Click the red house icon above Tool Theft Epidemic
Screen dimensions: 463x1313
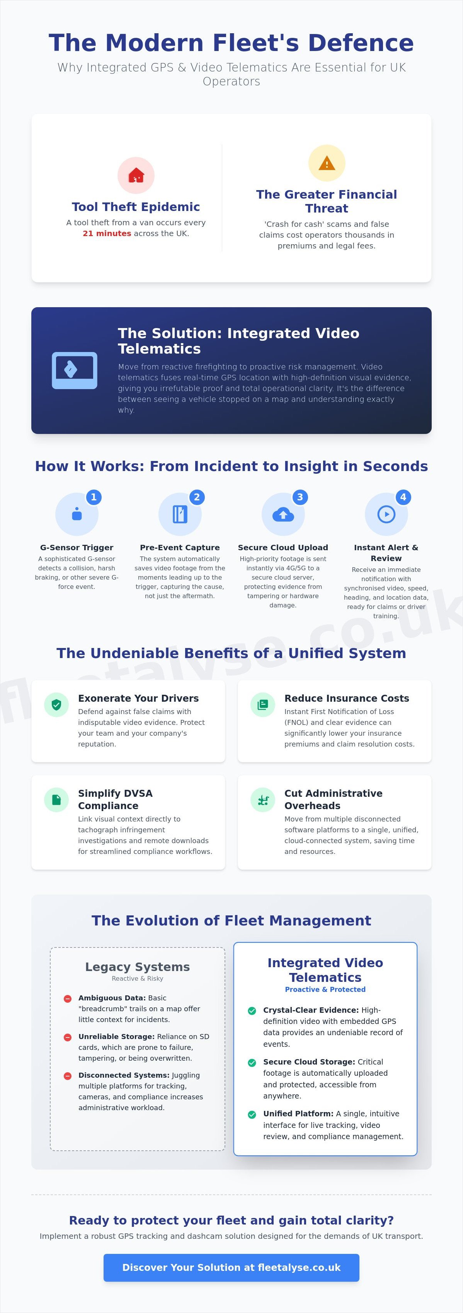(x=136, y=175)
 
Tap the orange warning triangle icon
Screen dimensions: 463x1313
(x=327, y=163)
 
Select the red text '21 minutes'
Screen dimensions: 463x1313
(x=107, y=233)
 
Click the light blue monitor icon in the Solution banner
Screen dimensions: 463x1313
(x=75, y=371)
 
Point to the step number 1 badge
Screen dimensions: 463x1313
(x=93, y=497)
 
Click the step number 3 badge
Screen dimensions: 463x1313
(x=300, y=497)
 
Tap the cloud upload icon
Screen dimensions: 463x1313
(x=283, y=514)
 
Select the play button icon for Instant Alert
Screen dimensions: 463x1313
(x=386, y=514)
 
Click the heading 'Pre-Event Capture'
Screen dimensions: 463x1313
(x=180, y=548)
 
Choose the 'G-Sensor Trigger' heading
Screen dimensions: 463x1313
(x=77, y=548)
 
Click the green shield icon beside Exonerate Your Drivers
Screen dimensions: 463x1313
(x=56, y=705)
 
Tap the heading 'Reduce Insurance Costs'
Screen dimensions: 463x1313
(x=347, y=698)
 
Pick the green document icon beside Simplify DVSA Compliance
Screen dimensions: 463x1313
(x=56, y=800)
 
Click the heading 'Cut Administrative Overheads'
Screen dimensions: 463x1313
(x=334, y=799)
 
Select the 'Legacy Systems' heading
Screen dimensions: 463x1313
(x=138, y=967)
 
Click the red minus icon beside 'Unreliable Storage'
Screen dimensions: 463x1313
(x=67, y=1037)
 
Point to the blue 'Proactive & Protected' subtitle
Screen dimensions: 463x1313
(x=325, y=989)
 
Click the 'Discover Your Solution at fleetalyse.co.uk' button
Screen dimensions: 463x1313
(x=231, y=1268)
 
